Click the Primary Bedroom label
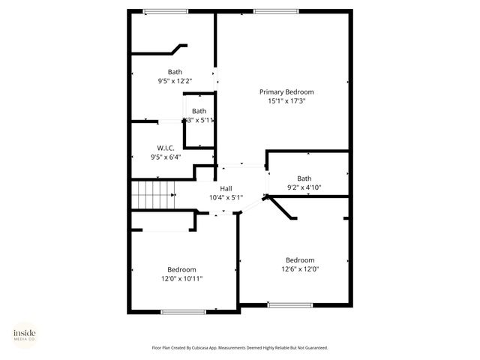pos(286,91)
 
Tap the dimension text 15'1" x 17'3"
pos(286,101)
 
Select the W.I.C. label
pos(166,148)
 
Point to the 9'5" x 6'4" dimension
pos(166,157)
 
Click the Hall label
pos(226,188)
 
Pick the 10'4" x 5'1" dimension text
pos(226,198)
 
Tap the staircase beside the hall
pos(153,195)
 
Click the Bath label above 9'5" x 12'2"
pos(175,72)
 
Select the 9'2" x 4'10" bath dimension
pos(304,188)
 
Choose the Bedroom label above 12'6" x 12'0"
pos(299,260)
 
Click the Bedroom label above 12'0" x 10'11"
pos(181,269)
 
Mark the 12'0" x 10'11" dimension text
pos(181,279)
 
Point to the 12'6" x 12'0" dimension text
pos(299,270)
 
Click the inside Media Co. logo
pos(25,334)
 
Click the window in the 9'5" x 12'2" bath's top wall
pos(166,10)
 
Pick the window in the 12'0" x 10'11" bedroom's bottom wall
pos(184,311)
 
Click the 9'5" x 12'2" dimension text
pos(175,82)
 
